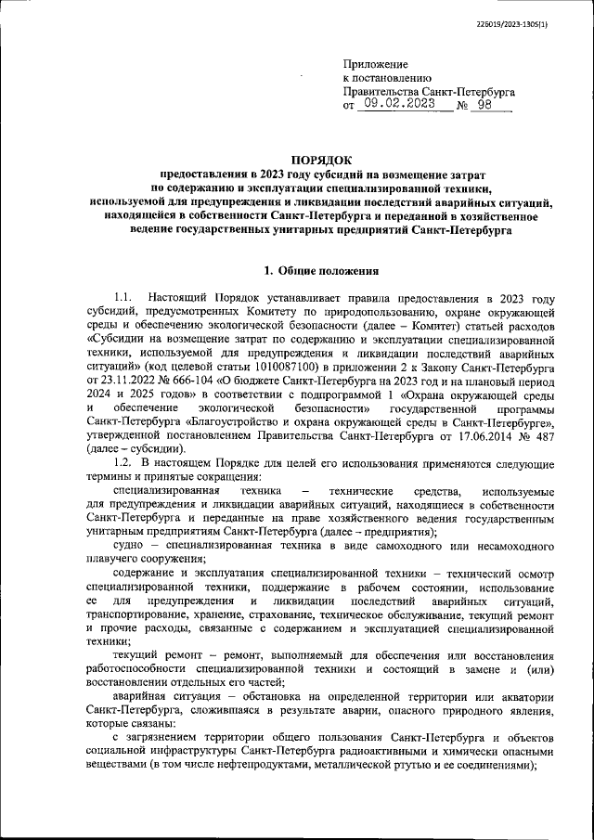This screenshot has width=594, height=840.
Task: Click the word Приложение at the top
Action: click(375, 64)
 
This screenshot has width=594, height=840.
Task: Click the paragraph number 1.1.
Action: click(124, 299)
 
